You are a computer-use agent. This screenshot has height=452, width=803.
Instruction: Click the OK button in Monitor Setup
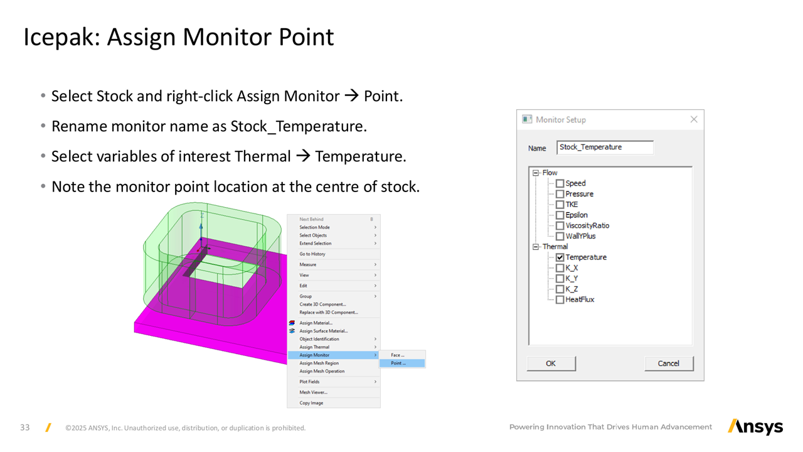tap(551, 363)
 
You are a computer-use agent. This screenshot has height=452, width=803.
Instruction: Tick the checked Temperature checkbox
tap(560, 257)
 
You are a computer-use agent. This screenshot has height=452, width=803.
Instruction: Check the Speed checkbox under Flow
tap(560, 183)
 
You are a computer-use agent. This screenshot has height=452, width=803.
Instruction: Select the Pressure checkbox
tap(560, 194)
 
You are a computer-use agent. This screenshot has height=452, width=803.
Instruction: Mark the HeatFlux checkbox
tap(560, 299)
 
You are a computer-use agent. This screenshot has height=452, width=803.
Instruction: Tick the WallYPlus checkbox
tap(560, 236)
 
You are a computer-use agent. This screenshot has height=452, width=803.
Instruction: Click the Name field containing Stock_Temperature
tap(604, 148)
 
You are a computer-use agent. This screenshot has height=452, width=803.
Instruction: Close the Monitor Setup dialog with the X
tap(694, 119)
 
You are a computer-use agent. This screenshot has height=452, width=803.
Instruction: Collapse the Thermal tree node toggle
tap(536, 247)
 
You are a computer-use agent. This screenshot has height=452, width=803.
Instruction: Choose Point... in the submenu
tap(398, 363)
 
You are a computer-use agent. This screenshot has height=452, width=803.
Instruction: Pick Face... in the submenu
tap(398, 355)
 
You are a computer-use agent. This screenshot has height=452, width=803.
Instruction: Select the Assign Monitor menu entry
tap(315, 355)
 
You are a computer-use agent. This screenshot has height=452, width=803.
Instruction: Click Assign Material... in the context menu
tap(316, 323)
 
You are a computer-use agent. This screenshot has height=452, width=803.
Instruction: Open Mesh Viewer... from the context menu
tap(314, 392)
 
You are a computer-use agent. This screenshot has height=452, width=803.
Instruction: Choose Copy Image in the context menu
tap(312, 403)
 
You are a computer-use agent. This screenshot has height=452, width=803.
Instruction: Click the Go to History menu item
tap(312, 254)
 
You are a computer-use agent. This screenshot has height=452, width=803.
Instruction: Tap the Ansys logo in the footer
tap(755, 427)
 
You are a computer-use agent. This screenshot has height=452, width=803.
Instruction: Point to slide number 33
tap(25, 428)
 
